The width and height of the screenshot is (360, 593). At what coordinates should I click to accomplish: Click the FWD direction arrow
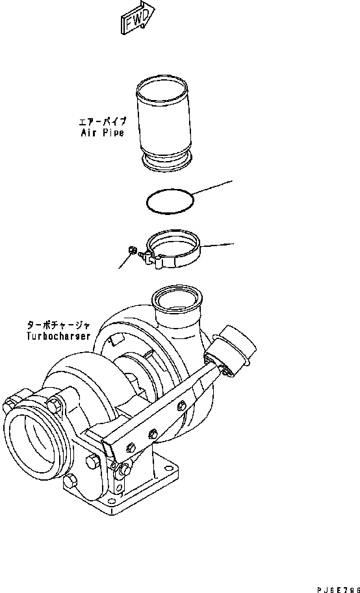138,16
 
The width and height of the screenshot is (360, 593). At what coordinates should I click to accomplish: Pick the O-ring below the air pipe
170,201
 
